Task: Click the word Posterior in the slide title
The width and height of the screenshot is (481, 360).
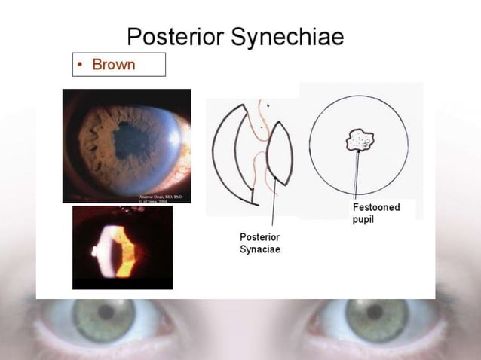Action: pos(176,37)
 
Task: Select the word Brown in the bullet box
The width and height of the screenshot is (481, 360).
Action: pos(113,65)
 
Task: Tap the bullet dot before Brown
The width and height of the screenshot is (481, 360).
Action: pos(81,66)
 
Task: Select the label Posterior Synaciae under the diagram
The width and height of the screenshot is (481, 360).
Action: pos(260,243)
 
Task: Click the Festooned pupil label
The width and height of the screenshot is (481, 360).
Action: pos(375,212)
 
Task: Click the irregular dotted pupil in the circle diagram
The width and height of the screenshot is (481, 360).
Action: pos(360,141)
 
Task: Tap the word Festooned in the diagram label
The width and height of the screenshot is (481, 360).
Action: pos(376,207)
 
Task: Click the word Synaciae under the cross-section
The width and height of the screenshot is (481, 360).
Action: pos(260,249)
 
